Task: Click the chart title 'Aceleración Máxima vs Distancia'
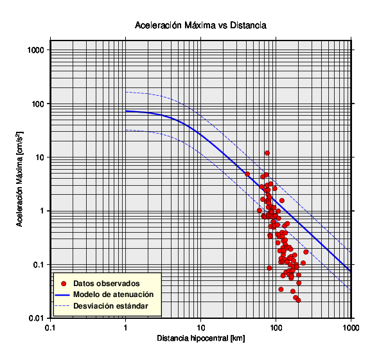click(200, 25)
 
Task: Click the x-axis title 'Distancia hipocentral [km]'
click(201, 338)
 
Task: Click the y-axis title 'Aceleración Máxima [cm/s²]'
click(20, 179)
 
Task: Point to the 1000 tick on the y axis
click(36, 50)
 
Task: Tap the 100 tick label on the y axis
click(38, 104)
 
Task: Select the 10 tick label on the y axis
click(40, 157)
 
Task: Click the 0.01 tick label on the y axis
click(37, 318)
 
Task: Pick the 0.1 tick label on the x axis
click(50, 328)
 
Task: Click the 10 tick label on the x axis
click(200, 328)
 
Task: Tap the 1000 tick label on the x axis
click(351, 328)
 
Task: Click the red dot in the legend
click(64, 283)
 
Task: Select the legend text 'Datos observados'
click(107, 283)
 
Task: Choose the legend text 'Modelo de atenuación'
click(114, 294)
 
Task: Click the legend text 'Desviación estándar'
click(110, 306)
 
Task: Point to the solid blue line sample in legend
click(62, 295)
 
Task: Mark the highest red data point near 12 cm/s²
click(267, 153)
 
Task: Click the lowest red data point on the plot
click(298, 300)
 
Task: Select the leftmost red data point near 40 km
click(247, 174)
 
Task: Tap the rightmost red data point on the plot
click(306, 252)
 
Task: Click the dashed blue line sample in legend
click(62, 306)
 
